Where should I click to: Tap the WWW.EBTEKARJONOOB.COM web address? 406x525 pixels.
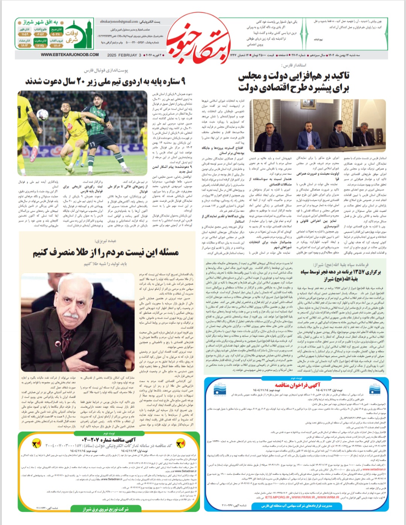[70, 55]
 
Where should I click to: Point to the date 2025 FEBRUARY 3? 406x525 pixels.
[124, 55]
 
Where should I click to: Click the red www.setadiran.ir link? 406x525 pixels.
[374, 469]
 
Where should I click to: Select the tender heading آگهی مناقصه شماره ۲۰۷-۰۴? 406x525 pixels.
[109, 439]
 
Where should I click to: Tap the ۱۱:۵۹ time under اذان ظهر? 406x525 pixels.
[24, 35]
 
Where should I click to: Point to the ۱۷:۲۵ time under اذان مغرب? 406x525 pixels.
[40, 46]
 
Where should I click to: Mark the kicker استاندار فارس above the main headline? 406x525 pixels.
[291, 65]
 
